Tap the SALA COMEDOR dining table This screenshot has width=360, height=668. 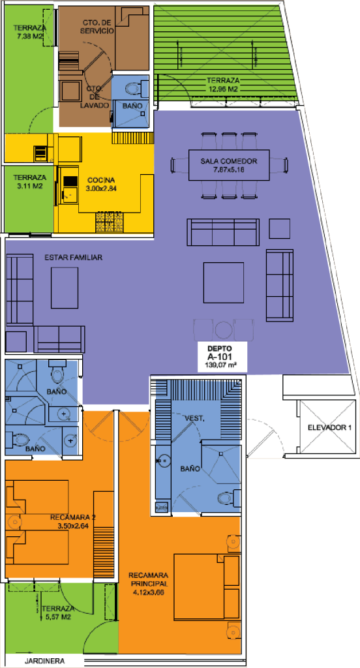coord(229,165)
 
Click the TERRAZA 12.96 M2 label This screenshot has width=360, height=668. coord(223,84)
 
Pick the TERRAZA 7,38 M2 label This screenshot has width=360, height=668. coord(29,33)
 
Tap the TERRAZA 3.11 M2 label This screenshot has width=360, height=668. coord(29,181)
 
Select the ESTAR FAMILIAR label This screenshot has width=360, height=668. coord(74,258)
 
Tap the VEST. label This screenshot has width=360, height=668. coord(195,419)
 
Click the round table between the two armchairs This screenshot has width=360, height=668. coord(223,329)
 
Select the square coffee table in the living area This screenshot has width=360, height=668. coord(224,282)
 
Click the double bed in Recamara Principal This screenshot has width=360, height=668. coord(206,586)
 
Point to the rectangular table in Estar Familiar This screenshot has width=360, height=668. coord(65,288)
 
